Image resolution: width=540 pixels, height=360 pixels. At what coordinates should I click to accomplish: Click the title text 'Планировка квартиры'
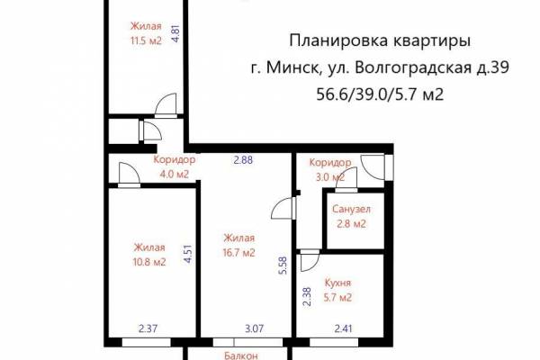(380, 41)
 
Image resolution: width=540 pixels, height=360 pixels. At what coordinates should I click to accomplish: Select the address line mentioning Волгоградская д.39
(380, 67)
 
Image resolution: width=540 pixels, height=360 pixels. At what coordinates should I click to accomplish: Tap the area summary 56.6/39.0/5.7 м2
(380, 94)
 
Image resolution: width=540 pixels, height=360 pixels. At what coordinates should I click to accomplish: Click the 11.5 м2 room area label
(146, 41)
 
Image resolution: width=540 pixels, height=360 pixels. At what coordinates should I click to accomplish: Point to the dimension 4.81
(176, 34)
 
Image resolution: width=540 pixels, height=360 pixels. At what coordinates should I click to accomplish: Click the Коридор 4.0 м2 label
(175, 166)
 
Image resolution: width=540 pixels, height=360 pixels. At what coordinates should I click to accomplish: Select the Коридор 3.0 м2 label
(330, 169)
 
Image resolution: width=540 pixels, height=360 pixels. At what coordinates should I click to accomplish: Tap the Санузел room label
(351, 209)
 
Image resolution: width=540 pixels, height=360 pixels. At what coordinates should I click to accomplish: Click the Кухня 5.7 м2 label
(337, 290)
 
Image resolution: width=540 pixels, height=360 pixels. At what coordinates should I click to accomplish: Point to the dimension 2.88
(243, 160)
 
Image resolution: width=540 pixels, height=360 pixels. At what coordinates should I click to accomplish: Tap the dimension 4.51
(188, 254)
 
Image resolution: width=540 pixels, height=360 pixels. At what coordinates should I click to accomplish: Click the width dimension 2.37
(148, 328)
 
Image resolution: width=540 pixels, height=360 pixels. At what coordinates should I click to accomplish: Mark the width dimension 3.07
(254, 328)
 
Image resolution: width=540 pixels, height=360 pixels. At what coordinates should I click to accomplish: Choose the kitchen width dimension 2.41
(344, 328)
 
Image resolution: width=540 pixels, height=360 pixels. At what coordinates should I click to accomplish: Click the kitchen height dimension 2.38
(307, 297)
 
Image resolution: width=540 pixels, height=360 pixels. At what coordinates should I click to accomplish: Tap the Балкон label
(240, 355)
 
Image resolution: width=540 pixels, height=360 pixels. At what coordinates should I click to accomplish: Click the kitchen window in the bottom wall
(334, 342)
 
